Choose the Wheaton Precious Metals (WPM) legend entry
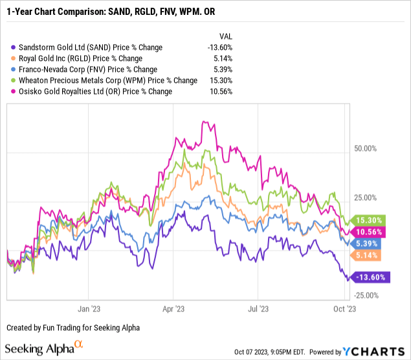[x=104, y=80]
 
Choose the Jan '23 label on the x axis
[x=89, y=309]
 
